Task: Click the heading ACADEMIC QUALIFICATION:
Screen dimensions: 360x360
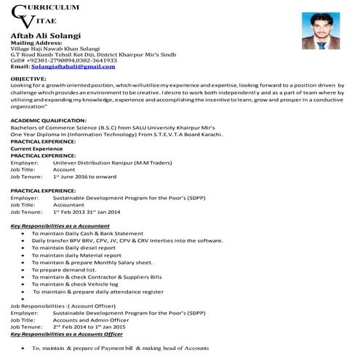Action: coord(48,119)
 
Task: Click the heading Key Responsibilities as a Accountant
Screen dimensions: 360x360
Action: coord(60,226)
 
